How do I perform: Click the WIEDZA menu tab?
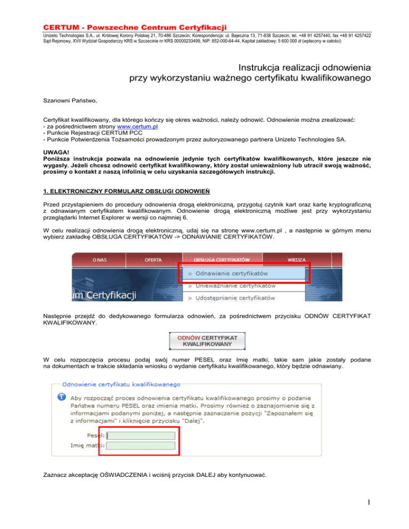coord(296,260)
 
